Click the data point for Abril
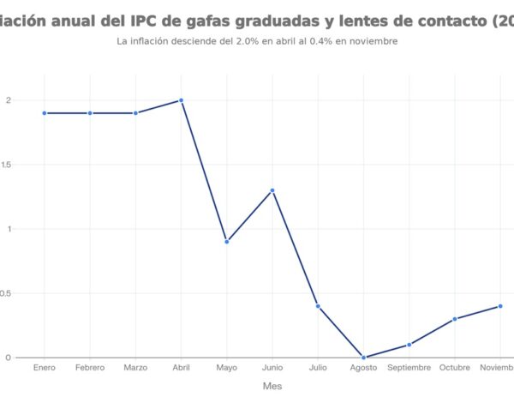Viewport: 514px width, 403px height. (181, 100)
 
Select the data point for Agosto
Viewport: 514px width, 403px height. (363, 358)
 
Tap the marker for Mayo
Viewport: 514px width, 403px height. (226, 242)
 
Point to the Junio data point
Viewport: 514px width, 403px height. (272, 190)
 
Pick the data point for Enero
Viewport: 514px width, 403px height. (45, 113)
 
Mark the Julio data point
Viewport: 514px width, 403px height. (318, 306)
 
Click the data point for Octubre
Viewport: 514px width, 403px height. (455, 319)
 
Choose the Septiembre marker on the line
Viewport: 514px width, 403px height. (409, 345)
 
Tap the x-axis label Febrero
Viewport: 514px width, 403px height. (90, 368)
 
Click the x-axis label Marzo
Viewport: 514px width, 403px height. (135, 368)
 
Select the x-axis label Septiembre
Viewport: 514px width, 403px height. (409, 368)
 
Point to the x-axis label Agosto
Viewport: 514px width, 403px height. (363, 368)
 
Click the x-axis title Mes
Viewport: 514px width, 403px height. (272, 386)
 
